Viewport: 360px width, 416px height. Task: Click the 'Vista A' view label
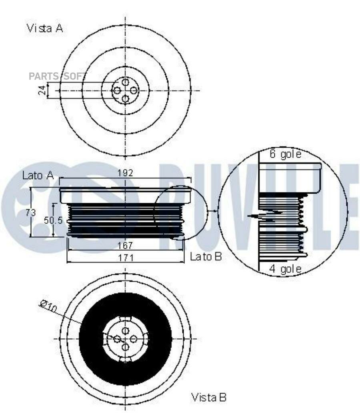(x=45, y=28)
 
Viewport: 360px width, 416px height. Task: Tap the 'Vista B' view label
(x=208, y=397)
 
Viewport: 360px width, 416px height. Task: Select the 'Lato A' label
(x=38, y=175)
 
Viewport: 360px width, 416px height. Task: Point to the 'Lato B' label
(x=206, y=256)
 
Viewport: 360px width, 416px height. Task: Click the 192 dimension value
(x=125, y=173)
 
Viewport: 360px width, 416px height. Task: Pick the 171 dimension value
(x=126, y=257)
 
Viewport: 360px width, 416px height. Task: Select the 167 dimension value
(x=125, y=246)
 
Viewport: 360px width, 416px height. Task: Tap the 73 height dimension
(x=31, y=212)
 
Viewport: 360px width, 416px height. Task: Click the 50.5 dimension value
(x=53, y=220)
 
